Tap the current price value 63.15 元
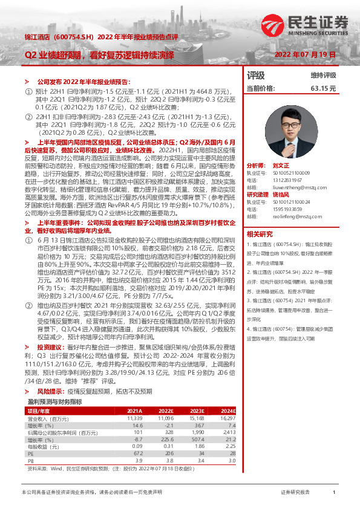tap(323, 88)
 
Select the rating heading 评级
tap(256, 76)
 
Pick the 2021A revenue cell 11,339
tap(134, 401)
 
